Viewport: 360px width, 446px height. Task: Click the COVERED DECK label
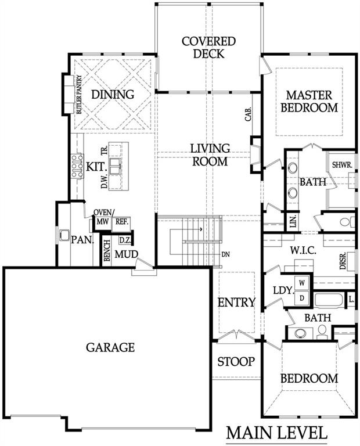tap(208, 48)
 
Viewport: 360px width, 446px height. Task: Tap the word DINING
tap(113, 95)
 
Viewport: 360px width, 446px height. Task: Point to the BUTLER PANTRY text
tap(79, 95)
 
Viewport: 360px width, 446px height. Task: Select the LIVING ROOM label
tap(210, 154)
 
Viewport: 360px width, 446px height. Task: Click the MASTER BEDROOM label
tap(309, 101)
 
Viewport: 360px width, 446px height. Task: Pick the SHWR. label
tap(343, 165)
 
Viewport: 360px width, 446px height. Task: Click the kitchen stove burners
tap(77, 166)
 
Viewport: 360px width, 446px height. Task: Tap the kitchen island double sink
tap(115, 166)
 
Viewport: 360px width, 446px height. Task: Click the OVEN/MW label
tap(103, 217)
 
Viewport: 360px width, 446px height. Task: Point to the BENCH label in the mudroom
tap(107, 250)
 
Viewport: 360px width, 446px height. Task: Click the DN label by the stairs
tap(225, 254)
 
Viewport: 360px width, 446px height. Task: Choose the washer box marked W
tap(302, 283)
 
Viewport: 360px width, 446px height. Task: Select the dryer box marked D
tap(302, 298)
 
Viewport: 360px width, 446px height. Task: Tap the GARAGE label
tap(110, 347)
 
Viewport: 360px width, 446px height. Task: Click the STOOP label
tap(236, 362)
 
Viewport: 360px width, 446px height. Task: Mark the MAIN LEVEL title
tap(277, 433)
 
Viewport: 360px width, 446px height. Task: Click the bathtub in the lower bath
tap(330, 300)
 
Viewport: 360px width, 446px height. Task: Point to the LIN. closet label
tap(294, 221)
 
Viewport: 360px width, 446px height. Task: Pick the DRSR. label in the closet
tap(343, 261)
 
